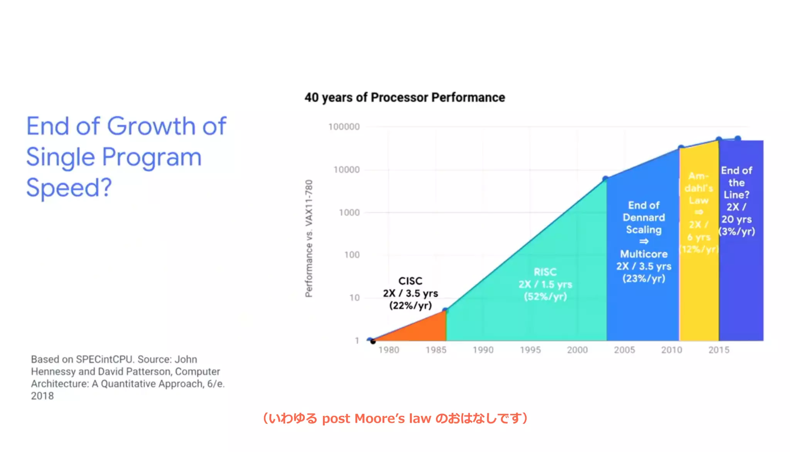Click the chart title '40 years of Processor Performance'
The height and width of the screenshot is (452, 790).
point(405,98)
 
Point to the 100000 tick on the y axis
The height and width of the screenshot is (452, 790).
point(344,127)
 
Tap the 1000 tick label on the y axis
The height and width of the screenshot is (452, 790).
point(349,213)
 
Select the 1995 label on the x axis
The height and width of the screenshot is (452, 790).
point(530,350)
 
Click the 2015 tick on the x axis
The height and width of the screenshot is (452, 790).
point(719,350)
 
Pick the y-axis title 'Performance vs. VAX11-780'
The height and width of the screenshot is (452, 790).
point(309,238)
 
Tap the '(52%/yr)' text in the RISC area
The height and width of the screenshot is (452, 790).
point(545,297)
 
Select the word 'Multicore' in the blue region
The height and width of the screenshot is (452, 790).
point(643,254)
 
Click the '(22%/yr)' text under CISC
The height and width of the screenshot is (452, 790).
point(410,305)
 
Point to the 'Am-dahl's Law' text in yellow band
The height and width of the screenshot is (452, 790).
point(699,188)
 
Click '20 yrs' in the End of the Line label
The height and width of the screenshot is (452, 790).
point(736,219)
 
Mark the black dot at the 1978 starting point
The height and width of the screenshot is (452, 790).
point(373,341)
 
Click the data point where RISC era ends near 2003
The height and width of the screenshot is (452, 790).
point(606,179)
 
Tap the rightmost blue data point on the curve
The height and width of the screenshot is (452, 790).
point(738,138)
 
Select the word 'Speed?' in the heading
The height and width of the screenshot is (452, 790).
point(69,188)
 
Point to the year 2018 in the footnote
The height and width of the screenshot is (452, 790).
point(42,396)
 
